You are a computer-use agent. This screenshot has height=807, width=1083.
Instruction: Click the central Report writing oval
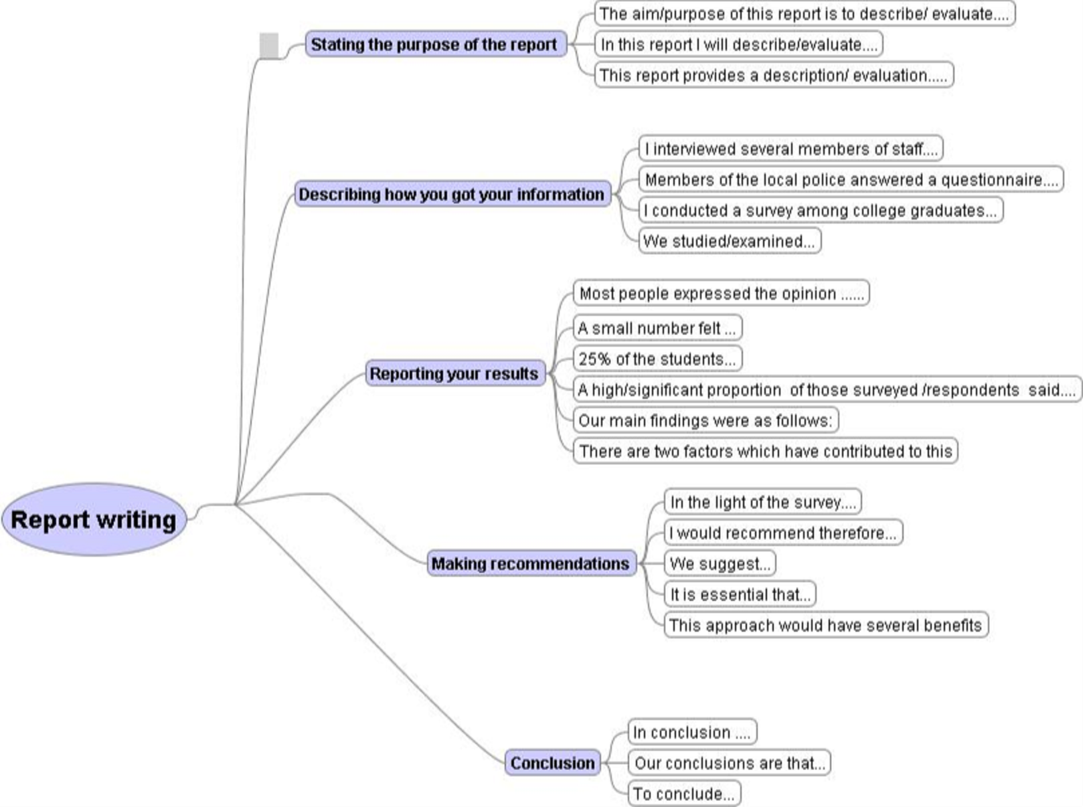click(94, 519)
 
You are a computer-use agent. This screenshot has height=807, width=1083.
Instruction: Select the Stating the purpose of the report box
click(436, 44)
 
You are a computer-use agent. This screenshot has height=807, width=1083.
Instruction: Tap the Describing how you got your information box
click(452, 194)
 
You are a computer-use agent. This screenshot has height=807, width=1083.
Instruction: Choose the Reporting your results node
click(455, 373)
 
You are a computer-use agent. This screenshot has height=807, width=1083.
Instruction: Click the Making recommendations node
click(531, 563)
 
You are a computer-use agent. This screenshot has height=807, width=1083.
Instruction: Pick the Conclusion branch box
click(553, 763)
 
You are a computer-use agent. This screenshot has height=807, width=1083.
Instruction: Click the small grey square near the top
click(269, 46)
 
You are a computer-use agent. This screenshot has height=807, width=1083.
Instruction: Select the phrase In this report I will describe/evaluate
click(738, 44)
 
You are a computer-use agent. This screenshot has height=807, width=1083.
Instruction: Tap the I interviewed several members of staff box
click(791, 149)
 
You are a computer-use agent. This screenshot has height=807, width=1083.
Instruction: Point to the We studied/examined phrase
click(730, 241)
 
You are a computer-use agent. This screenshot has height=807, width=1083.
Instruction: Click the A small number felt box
click(658, 327)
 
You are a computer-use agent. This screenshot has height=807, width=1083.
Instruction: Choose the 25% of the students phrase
click(658, 359)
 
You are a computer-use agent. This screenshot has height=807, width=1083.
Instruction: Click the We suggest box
click(720, 563)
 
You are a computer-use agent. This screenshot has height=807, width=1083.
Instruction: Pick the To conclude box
click(684, 793)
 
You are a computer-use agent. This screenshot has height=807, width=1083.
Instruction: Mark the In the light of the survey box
click(763, 502)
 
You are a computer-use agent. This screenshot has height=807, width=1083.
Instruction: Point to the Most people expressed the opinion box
click(722, 293)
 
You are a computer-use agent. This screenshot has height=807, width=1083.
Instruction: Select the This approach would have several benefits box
click(827, 625)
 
